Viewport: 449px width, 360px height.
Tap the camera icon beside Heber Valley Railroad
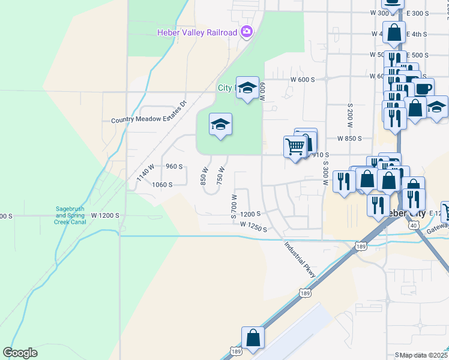[246, 32]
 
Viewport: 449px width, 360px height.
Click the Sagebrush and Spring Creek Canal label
[71, 215]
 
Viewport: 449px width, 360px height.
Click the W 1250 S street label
[253, 227]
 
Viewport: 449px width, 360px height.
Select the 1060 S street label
[162, 185]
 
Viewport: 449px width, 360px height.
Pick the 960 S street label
[173, 166]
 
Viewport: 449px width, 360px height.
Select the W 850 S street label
[349, 138]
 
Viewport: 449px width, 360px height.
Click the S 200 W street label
[349, 115]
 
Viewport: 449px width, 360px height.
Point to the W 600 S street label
[303, 79]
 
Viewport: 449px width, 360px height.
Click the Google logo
[20, 353]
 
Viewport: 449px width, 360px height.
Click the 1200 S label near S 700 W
[250, 214]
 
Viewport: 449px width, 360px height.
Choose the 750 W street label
[220, 177]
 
